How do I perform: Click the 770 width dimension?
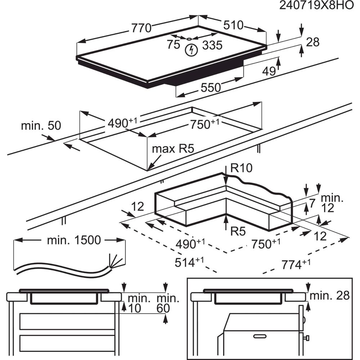click(x=141, y=28)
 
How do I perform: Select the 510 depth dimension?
click(x=233, y=25)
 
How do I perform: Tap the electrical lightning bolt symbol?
click(x=191, y=50)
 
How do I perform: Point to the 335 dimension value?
click(x=212, y=45)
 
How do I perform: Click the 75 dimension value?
click(x=173, y=45)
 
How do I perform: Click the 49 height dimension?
click(x=268, y=72)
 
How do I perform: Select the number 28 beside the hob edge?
click(x=312, y=42)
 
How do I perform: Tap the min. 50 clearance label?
click(x=41, y=126)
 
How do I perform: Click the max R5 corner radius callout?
click(x=170, y=149)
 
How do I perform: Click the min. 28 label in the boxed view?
click(x=330, y=296)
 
